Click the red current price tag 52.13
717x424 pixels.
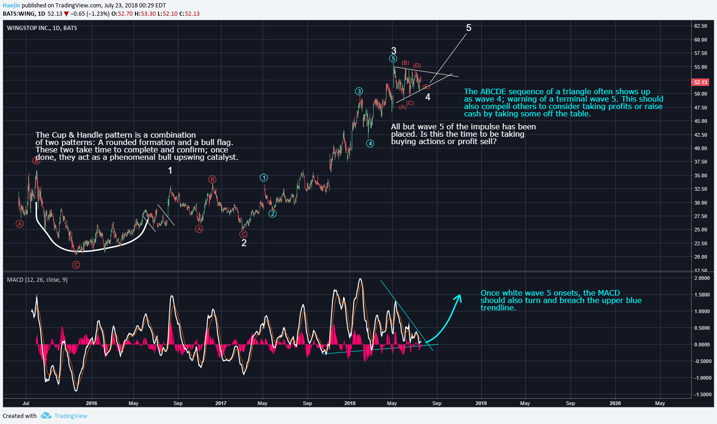click(700, 82)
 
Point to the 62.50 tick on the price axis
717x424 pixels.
click(700, 26)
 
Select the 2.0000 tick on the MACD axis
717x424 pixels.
click(702, 278)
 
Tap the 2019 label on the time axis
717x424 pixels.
click(481, 403)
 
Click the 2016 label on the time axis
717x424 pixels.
click(92, 403)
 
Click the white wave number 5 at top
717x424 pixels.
click(469, 28)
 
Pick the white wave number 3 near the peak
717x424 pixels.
click(393, 51)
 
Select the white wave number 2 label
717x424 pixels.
click(244, 243)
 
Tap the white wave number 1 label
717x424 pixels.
click(170, 170)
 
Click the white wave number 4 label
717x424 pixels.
click(428, 97)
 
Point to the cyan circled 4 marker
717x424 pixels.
click(370, 144)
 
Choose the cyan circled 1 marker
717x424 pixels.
click(264, 178)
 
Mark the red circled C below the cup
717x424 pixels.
click(76, 265)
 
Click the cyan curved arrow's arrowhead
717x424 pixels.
click(459, 297)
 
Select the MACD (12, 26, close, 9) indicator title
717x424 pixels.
click(37, 280)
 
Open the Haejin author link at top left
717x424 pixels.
click(11, 6)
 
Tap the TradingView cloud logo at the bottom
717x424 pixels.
click(46, 416)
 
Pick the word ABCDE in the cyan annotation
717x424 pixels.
click(494, 91)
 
